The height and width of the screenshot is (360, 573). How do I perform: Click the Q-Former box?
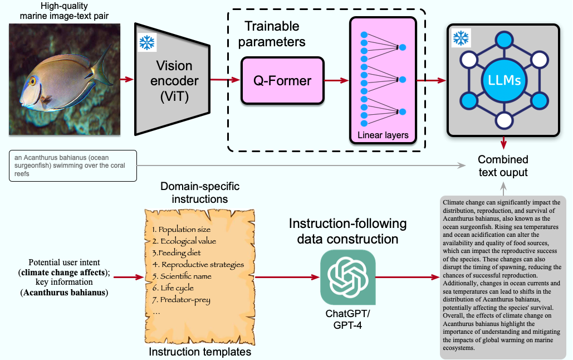[x=282, y=80]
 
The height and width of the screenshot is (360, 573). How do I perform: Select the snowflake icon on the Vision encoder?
[x=147, y=43]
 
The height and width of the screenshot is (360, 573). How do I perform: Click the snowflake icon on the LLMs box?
[x=461, y=38]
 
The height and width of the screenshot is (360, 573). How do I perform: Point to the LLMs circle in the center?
[x=503, y=80]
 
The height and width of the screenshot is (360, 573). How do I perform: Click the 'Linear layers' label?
[x=383, y=135]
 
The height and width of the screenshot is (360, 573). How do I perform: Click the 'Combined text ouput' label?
[x=503, y=165]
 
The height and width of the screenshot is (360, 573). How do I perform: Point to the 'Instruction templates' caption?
[x=199, y=352]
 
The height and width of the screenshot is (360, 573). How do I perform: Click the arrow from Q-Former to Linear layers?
[x=336, y=81]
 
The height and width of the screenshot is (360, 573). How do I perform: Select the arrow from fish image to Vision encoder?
[x=128, y=79]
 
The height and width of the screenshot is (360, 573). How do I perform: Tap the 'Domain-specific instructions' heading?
[x=194, y=193]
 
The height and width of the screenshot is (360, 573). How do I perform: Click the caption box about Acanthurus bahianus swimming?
[x=72, y=166]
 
